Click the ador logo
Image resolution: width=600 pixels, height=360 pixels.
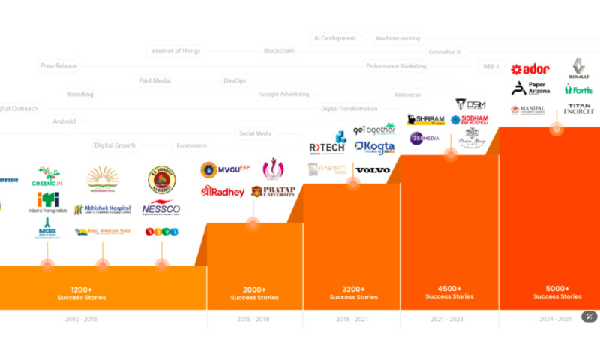530,69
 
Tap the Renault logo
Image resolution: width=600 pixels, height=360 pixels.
579,69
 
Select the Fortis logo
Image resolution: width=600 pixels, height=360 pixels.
578,90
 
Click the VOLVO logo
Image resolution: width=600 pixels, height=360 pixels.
372,170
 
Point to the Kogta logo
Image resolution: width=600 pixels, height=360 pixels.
374,148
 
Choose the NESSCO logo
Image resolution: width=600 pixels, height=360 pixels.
160,209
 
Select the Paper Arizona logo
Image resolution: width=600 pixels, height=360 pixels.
531,88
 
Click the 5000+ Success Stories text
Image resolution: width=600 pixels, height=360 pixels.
556,292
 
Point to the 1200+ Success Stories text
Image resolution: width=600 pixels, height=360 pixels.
82,292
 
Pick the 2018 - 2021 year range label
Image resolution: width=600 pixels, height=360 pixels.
351,319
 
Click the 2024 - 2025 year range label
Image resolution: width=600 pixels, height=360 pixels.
556,319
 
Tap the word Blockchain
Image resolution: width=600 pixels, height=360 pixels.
279,51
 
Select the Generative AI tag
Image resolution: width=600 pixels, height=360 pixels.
445,52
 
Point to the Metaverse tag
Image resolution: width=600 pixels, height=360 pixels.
407,94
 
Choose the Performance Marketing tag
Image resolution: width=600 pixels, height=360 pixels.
396,66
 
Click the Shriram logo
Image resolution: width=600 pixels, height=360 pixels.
425,120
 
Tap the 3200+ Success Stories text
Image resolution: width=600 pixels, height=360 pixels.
352,292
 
